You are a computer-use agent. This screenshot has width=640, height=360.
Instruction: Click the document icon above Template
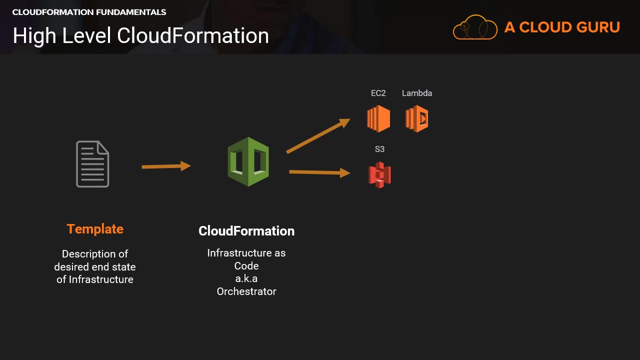coord(92,164)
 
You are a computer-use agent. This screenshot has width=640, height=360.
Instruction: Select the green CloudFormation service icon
coord(248,162)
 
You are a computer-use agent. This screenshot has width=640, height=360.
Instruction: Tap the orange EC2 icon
coord(378,118)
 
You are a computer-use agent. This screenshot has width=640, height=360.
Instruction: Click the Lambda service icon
coord(416,118)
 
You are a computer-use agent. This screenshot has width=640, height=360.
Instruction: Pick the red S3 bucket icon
coord(379,175)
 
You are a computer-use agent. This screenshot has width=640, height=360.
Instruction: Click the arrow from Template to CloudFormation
coord(166,166)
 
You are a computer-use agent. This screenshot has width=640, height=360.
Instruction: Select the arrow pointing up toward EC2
coord(318,135)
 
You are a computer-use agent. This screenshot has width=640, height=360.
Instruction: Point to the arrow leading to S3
coord(319,172)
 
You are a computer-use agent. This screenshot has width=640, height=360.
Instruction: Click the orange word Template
coord(95,229)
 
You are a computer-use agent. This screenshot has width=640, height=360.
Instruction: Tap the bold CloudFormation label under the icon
coord(246,231)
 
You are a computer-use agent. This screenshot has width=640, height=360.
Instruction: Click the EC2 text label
coord(378,93)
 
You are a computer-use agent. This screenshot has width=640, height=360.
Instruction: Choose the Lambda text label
coord(417,93)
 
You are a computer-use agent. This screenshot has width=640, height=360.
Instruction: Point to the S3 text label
coord(379,149)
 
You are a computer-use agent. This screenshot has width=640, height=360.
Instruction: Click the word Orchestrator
coord(246,291)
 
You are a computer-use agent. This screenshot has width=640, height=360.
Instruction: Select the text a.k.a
coord(246,278)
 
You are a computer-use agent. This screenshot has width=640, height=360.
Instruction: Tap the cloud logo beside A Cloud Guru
coord(475,27)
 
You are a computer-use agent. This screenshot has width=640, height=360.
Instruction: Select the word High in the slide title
coord(31,36)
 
